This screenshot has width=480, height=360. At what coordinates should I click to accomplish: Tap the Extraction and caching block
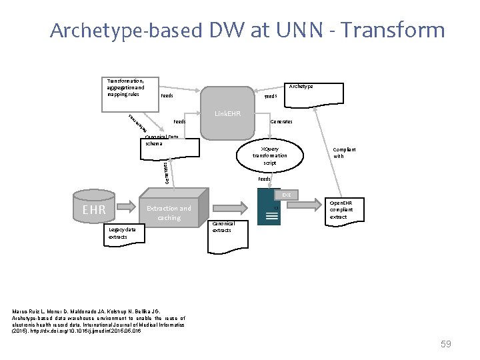click(x=169, y=213)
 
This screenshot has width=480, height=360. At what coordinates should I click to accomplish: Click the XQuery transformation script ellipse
click(x=269, y=156)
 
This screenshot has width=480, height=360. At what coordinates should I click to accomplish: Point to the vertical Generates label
click(x=166, y=170)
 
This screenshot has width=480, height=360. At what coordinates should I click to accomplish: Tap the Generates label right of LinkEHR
click(x=281, y=122)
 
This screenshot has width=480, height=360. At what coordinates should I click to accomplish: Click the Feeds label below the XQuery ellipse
click(x=264, y=179)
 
